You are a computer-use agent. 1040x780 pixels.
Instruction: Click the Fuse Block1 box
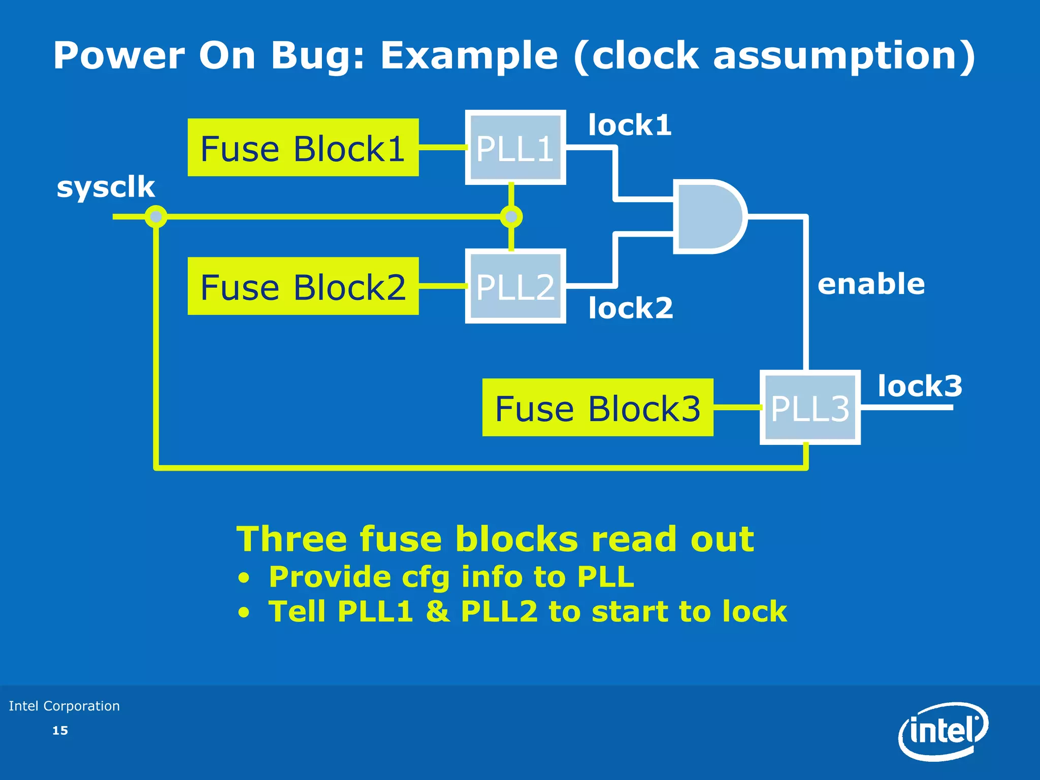pos(303,148)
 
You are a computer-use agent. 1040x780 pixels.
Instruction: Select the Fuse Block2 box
pos(303,286)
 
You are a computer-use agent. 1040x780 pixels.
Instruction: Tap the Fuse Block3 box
pos(598,408)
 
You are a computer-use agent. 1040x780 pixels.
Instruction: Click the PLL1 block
pos(515,148)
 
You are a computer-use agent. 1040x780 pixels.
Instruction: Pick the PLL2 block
pos(515,286)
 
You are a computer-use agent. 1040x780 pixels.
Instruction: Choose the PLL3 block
pos(810,408)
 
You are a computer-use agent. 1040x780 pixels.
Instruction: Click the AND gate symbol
pos(708,216)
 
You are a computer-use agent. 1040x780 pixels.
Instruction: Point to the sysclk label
pos(106,187)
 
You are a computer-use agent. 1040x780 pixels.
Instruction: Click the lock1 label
pos(630,125)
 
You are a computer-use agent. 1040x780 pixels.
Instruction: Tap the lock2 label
pos(631,308)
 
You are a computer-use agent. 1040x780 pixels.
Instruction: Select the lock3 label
pos(920,386)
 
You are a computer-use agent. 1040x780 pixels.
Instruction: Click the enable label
pos(871,284)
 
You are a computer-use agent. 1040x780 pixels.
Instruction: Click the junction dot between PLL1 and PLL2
pos(511,217)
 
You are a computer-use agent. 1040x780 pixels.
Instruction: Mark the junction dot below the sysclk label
pos(156,217)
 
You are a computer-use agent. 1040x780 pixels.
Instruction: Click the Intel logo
pos(943,731)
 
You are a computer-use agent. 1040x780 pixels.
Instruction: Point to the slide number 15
pos(60,730)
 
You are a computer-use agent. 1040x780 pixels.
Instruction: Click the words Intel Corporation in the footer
pos(64,706)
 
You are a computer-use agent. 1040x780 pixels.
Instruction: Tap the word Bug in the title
pos(317,55)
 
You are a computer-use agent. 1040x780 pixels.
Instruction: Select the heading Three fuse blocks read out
pos(495,539)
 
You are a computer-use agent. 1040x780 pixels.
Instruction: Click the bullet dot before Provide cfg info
pos(244,578)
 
